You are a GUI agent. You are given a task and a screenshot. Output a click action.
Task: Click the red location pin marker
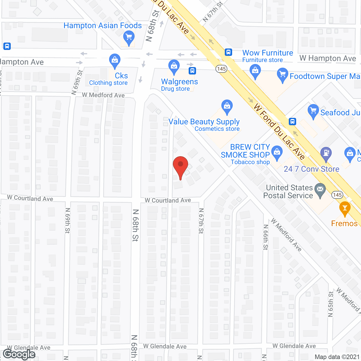point(180,166)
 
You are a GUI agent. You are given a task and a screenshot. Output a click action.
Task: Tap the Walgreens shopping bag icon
point(174,66)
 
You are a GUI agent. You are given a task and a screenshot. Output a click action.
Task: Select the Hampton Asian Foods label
point(103,26)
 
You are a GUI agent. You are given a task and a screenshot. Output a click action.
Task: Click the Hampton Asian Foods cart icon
point(129,37)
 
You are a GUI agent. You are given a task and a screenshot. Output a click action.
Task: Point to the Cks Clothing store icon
point(115,60)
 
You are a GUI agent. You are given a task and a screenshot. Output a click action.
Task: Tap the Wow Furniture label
point(268,53)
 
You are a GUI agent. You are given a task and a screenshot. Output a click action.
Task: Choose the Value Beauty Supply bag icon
point(227,106)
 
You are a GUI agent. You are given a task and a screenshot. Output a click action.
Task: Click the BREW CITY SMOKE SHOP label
point(245,151)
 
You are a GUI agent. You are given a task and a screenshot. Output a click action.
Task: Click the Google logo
point(19,354)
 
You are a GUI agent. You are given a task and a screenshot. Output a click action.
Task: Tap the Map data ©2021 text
point(337,357)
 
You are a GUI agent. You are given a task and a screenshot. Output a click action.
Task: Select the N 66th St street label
point(266,237)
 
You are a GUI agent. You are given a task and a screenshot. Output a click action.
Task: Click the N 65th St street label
point(331,304)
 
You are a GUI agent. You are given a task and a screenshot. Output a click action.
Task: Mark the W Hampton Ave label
point(328,58)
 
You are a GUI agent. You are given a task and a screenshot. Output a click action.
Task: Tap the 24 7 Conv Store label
point(311,169)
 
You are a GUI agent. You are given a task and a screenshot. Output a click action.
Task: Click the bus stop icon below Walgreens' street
point(192,71)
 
